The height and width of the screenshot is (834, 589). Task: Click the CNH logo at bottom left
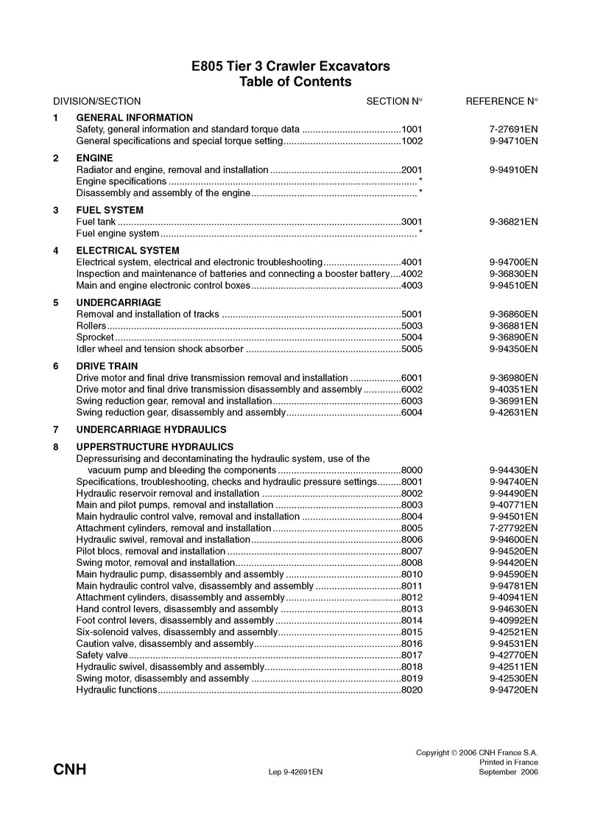click(70, 770)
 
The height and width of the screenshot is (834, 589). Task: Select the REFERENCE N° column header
click(502, 101)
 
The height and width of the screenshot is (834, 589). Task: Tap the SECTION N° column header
click(395, 101)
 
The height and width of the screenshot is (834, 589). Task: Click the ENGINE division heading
click(94, 158)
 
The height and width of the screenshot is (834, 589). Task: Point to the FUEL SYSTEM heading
click(110, 210)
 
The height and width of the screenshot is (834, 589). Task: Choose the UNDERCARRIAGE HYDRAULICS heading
click(151, 429)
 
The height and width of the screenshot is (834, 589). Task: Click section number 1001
click(412, 128)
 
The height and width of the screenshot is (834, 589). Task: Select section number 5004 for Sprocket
click(412, 337)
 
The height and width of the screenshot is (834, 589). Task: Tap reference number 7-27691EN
click(513, 128)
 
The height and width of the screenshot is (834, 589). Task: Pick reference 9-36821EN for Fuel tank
click(513, 221)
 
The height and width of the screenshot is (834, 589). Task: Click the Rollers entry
click(91, 326)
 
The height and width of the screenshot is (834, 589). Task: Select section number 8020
click(412, 690)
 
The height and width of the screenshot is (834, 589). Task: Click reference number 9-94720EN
click(513, 690)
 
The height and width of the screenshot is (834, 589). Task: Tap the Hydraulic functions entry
click(116, 690)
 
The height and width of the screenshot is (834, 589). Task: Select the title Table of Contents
click(295, 82)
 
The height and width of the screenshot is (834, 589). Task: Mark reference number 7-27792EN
click(513, 528)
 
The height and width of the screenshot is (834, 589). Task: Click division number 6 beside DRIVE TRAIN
click(56, 366)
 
